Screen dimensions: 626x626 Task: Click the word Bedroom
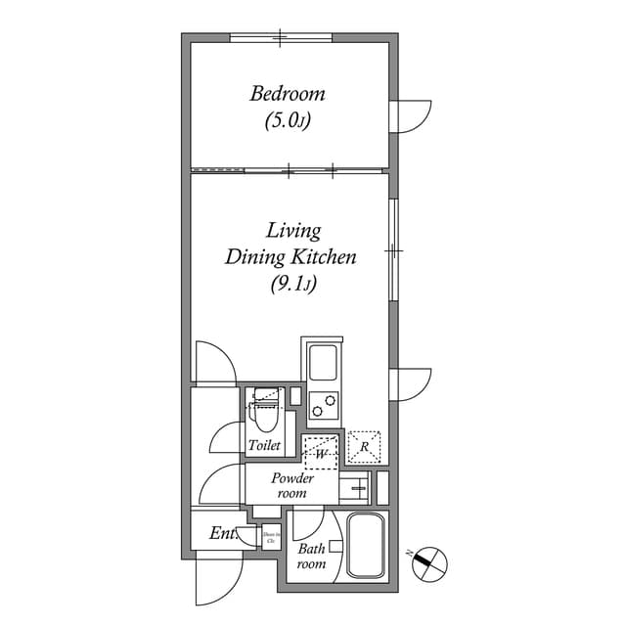point(287,95)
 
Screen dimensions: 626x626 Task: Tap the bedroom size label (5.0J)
point(287,121)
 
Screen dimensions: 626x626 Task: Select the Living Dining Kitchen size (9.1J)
point(291,285)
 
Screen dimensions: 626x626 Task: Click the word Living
point(293,231)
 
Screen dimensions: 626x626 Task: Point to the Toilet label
point(264,445)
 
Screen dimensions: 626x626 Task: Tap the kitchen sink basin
point(323,364)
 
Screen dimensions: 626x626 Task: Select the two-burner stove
point(324,404)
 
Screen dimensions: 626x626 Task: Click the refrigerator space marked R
point(364,446)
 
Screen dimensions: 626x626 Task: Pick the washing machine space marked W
point(320,452)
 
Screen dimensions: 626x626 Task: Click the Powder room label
point(292,485)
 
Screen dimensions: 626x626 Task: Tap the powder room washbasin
point(357,485)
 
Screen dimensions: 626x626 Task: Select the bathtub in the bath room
point(368,548)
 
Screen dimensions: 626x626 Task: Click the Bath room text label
point(311,557)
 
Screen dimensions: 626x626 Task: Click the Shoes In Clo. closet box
point(271,536)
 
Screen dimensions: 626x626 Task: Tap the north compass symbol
point(429,562)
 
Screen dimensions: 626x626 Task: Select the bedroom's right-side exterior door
point(410,115)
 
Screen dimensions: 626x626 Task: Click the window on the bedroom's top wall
point(281,38)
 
